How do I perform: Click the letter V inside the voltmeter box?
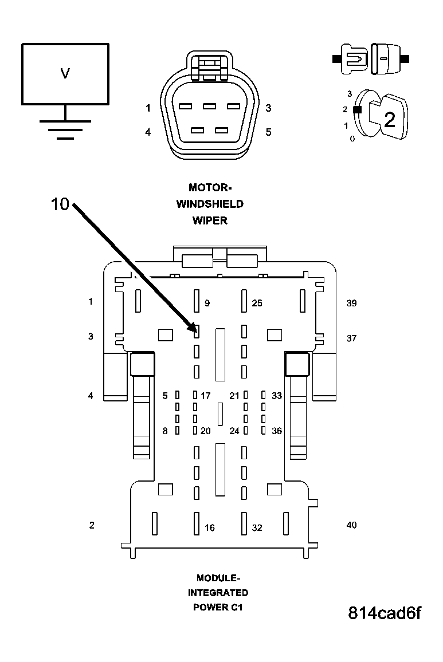click(65, 73)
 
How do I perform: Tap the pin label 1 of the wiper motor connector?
click(148, 108)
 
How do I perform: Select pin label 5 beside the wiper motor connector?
click(268, 132)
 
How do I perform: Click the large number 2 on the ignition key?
click(390, 120)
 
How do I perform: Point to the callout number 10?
click(60, 204)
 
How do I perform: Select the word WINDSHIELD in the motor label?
click(210, 204)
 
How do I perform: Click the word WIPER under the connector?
click(210, 220)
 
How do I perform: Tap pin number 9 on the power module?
click(207, 303)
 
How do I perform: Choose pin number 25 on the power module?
click(257, 303)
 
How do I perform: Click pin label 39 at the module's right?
click(351, 303)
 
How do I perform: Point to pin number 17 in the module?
click(206, 396)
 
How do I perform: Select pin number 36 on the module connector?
click(277, 431)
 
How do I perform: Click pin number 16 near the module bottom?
click(210, 527)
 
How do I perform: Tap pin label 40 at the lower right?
click(351, 525)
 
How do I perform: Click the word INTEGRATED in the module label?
click(218, 593)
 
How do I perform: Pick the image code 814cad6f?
click(385, 613)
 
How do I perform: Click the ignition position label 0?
click(352, 139)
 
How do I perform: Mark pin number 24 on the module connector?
click(234, 431)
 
